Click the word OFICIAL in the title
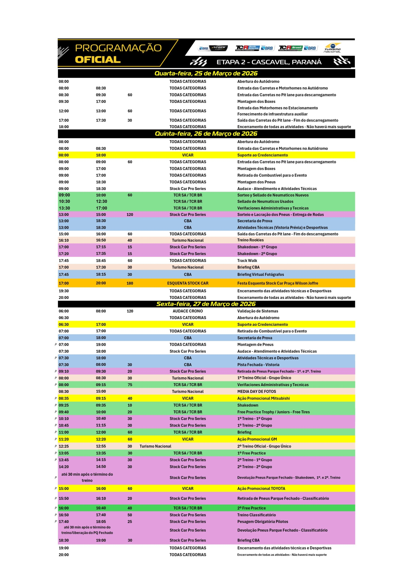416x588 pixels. tap(98, 60)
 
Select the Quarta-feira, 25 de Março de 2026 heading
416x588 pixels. tap(206, 74)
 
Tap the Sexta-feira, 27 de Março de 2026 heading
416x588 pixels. tap(206, 304)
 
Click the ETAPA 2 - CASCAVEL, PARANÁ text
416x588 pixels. tap(269, 62)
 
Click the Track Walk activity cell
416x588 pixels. tap(247, 260)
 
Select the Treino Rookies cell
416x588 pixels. tap(250, 240)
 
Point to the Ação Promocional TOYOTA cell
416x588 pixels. tap(261, 488)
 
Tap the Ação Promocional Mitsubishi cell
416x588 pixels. tap(263, 398)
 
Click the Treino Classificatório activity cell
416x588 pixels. tap(257, 515)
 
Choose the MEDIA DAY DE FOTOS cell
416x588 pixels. tap(257, 391)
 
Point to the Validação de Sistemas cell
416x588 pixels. tap(258, 311)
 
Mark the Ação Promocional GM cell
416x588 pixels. tap(257, 439)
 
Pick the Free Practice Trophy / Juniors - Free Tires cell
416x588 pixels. tap(273, 412)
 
